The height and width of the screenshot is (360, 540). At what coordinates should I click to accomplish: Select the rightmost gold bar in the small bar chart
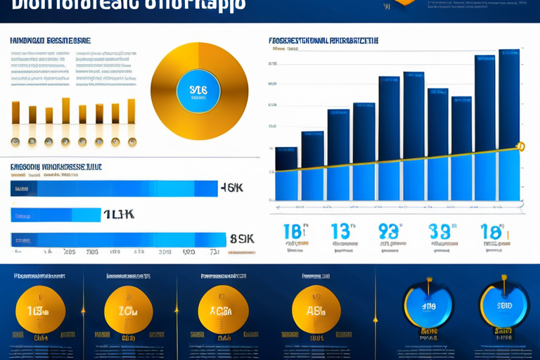tap(131, 112)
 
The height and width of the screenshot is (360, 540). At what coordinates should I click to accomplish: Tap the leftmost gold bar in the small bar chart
tap(15, 112)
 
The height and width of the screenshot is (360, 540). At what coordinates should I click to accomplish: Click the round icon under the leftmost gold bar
tap(15, 141)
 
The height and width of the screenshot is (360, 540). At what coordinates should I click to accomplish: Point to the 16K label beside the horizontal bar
tap(232, 188)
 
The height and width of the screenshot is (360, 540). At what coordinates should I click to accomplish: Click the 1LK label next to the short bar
tap(119, 215)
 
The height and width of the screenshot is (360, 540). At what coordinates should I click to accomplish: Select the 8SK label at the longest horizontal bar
tap(242, 239)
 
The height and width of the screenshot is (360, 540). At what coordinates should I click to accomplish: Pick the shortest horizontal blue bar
tap(56, 214)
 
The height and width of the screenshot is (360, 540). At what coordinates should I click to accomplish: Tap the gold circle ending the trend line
tap(520, 147)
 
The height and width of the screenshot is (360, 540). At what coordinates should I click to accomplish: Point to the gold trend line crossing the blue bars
tap(394, 160)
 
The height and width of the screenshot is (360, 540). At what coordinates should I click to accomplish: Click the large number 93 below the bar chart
tap(389, 232)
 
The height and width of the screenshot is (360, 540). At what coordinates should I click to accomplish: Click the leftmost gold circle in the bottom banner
tap(40, 310)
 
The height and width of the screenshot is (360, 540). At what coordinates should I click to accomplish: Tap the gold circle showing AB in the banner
tap(316, 310)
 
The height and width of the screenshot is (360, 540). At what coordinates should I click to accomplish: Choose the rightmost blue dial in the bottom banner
tap(504, 306)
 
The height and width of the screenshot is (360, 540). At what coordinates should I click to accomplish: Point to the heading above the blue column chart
tap(323, 41)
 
